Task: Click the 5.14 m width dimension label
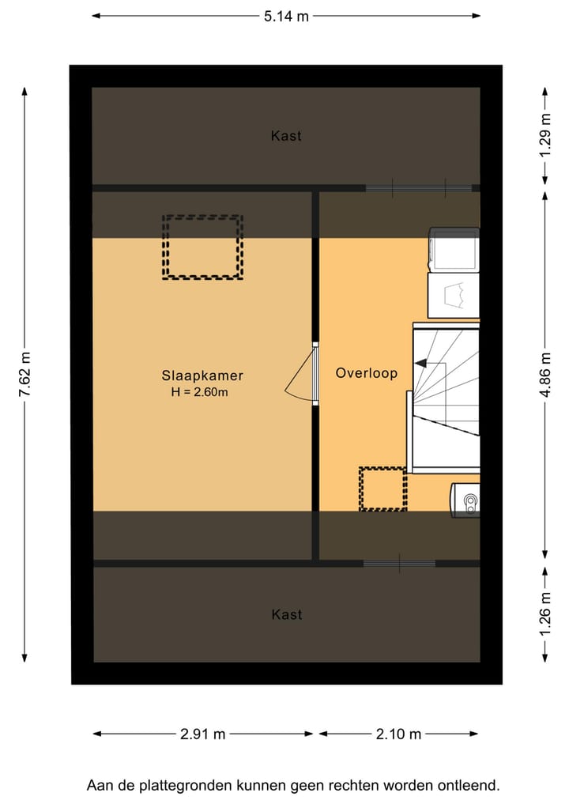pyautogui.click(x=286, y=15)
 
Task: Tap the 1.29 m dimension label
pyautogui.click(x=545, y=136)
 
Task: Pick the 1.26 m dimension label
pyautogui.click(x=545, y=614)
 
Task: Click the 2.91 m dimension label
pyautogui.click(x=203, y=734)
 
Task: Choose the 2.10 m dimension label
pyautogui.click(x=399, y=734)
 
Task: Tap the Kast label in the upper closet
pyautogui.click(x=286, y=136)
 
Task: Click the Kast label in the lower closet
pyautogui.click(x=286, y=614)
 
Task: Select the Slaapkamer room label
pyautogui.click(x=202, y=376)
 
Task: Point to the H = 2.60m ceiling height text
pyautogui.click(x=199, y=392)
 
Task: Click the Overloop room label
pyautogui.click(x=366, y=373)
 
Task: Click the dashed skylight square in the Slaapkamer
pyautogui.click(x=202, y=247)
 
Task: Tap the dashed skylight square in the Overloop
pyautogui.click(x=382, y=489)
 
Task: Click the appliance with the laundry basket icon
pyautogui.click(x=454, y=296)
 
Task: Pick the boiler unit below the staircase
pyautogui.click(x=465, y=500)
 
